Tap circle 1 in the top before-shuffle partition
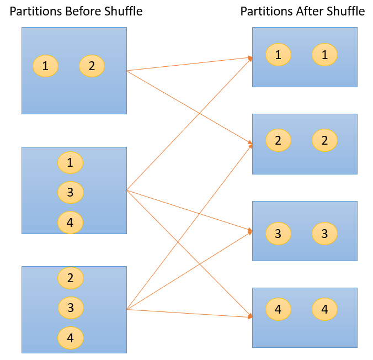tap(45, 66)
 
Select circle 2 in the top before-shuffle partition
tap(92, 66)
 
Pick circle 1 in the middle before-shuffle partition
tap(70, 163)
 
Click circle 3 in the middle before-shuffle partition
tap(70, 193)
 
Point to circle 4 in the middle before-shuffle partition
tap(70, 223)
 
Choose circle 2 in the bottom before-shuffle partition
tap(70, 278)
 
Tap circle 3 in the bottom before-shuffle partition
tap(70, 308)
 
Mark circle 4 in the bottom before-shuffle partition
tap(70, 338)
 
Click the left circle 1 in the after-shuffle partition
tap(278, 55)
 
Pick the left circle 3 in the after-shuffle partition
tap(278, 234)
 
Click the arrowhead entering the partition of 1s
tap(250, 57)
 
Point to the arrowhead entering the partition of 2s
tap(250, 145)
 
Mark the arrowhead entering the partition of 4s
tap(250, 316)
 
